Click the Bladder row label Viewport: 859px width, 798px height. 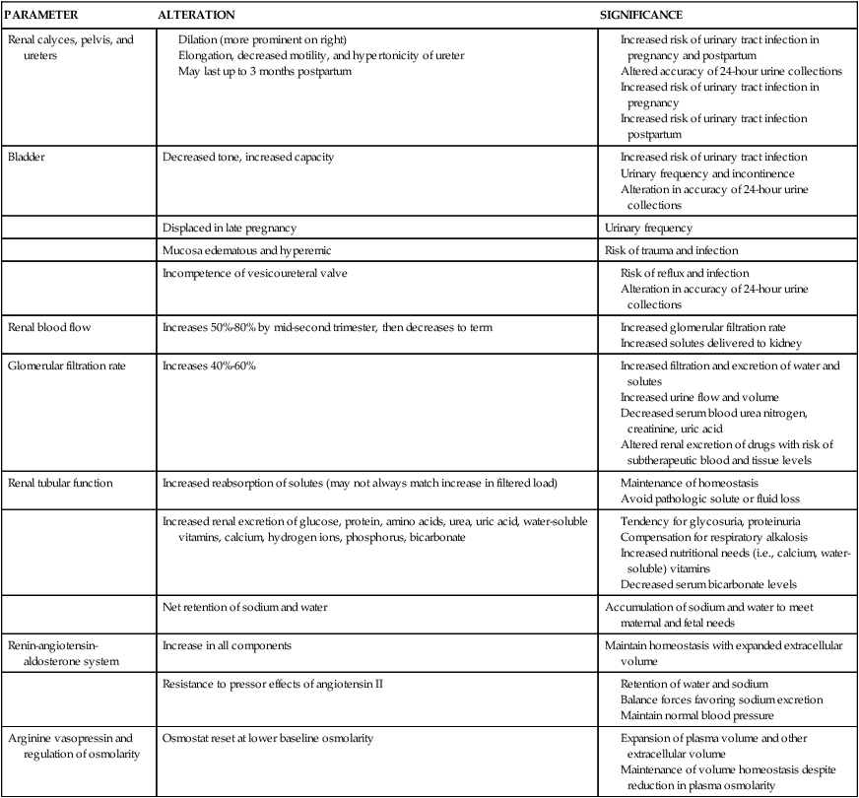tap(27, 157)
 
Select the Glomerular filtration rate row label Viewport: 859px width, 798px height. tap(65, 366)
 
